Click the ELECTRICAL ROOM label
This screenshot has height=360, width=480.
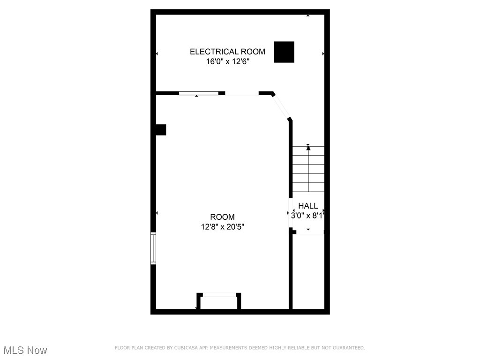tap(227, 52)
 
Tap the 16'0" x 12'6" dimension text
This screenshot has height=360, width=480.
tap(227, 61)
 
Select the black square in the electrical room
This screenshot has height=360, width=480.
tap(284, 52)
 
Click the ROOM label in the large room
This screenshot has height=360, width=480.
tap(222, 217)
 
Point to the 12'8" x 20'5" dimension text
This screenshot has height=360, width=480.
tap(222, 227)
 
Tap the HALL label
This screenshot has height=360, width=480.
tap(308, 206)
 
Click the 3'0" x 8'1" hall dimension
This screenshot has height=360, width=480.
tap(307, 216)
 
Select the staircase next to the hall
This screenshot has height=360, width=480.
tap(308, 169)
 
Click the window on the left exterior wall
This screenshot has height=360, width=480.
tap(153, 248)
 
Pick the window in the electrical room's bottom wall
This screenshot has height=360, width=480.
tap(199, 93)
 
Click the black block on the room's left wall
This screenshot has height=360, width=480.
tap(161, 130)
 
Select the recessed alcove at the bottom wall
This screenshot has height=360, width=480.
tap(219, 302)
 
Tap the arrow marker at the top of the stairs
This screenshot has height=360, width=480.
tap(308, 148)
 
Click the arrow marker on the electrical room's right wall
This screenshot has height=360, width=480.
tap(323, 54)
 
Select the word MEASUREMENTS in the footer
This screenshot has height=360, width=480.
tap(228, 348)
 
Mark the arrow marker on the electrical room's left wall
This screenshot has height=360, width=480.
tap(157, 54)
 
